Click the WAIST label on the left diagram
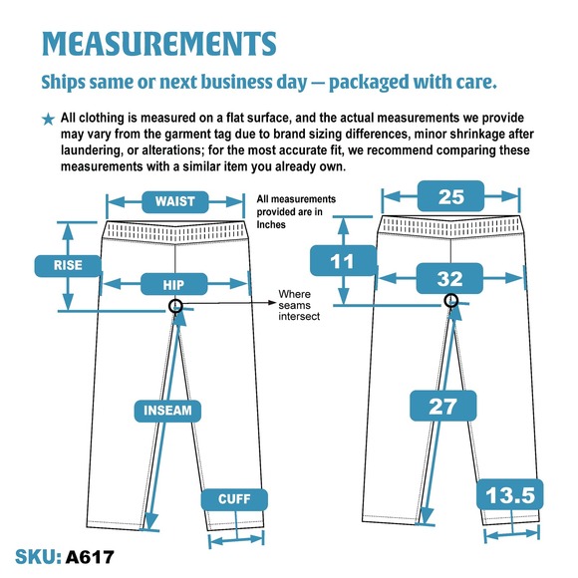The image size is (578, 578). pos(175,201)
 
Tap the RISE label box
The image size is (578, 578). pos(68,265)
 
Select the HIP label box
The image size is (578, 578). pos(173,284)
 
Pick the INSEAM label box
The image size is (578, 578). pos(167,411)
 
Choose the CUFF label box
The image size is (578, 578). pos(234,499)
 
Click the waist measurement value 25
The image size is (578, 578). pos(450,196)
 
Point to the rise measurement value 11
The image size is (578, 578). pos(343,261)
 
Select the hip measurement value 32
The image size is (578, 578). pos(449,278)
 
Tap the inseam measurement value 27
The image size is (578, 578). pos(443,406)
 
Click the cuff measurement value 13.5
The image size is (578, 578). pos(510,494)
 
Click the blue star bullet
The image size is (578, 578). pos(48,119)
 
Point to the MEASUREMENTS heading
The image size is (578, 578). pos(159,44)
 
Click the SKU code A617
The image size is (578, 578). pos(90,557)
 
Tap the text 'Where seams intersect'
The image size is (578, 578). pos(299,305)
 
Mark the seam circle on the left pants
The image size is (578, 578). pos(175,306)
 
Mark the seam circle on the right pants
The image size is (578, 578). pos(450,300)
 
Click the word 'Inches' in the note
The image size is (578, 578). pos(271,224)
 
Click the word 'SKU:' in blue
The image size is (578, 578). pos(38,557)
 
